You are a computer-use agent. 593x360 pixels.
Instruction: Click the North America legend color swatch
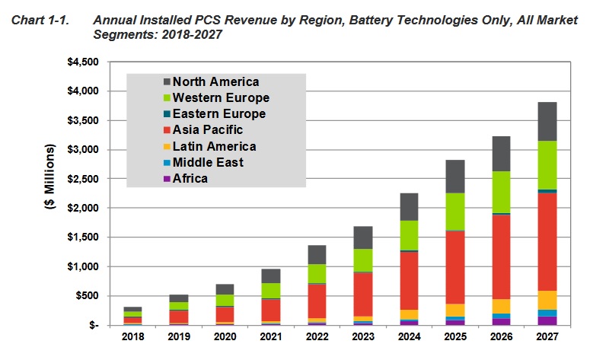click(167, 82)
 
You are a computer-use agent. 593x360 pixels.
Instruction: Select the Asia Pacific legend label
click(208, 130)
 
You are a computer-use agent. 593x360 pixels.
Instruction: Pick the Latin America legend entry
click(214, 146)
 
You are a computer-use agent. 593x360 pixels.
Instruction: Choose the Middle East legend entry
click(208, 162)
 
